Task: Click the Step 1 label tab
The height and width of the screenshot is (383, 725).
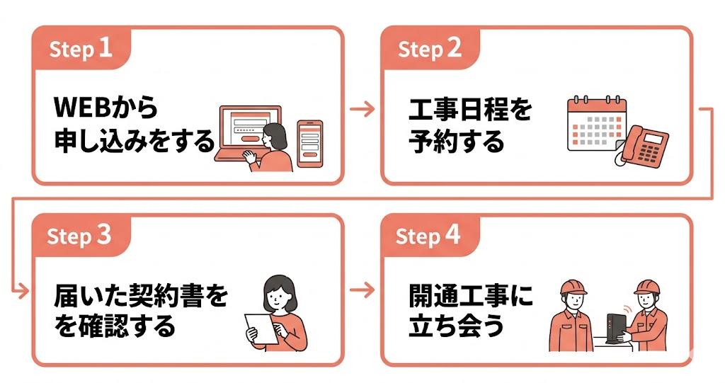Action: click(81, 48)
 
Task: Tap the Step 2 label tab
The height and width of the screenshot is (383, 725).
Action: click(430, 48)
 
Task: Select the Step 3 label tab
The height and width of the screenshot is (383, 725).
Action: click(81, 236)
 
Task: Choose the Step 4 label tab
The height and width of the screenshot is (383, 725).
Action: click(430, 236)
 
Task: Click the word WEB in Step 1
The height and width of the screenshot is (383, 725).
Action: click(83, 108)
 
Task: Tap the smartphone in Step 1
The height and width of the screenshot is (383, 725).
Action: click(310, 144)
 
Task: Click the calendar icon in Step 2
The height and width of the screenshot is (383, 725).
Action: click(596, 123)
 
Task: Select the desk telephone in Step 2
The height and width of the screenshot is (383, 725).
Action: click(644, 147)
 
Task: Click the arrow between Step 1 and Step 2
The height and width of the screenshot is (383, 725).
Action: click(362, 109)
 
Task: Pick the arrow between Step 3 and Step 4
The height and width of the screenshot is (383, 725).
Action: click(362, 290)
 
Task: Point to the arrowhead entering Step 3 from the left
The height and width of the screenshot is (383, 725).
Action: click(23, 292)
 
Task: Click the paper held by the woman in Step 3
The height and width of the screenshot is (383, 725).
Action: click(261, 329)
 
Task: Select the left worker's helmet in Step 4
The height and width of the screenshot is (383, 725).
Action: click(573, 287)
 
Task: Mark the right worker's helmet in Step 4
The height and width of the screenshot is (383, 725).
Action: click(647, 287)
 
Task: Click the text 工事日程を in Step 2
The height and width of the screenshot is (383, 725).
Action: click(471, 109)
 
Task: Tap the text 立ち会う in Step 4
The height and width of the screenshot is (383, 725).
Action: click(456, 326)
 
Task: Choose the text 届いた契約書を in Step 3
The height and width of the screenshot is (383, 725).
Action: click(141, 296)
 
